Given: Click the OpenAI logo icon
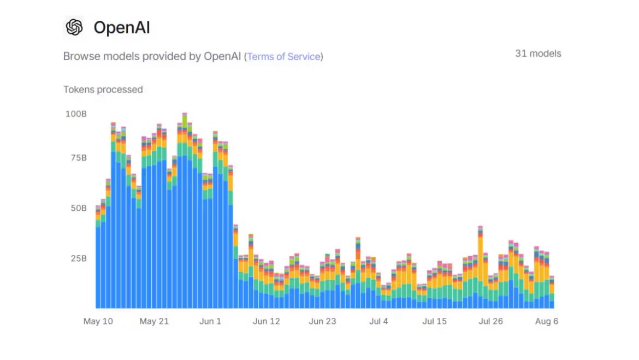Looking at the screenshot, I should pos(74,27).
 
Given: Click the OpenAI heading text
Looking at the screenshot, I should pos(121,27).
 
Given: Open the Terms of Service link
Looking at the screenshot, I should pos(283,56).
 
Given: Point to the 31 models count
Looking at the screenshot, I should pos(537,54).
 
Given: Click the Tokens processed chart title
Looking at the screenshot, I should pos(103,90).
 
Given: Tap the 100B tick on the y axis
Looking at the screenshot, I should pos(76,114).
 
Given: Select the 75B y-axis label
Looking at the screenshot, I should pos(77,158).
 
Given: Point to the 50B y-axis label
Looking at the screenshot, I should pos(77,208).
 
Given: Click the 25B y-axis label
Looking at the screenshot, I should pos(77,258).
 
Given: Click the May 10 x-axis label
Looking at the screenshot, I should pos(98,321).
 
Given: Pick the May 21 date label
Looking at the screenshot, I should pos(154,321).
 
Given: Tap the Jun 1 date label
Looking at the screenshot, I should pos(210,321).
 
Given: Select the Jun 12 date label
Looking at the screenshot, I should pos(267,321).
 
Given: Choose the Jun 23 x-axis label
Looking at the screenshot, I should pos(322,321).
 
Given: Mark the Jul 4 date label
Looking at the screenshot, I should pos(378,321).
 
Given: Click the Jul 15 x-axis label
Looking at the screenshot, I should pos(434,321).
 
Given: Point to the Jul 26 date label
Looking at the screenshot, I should pos(490,321).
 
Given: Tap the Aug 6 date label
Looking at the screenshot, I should pos(547,321).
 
